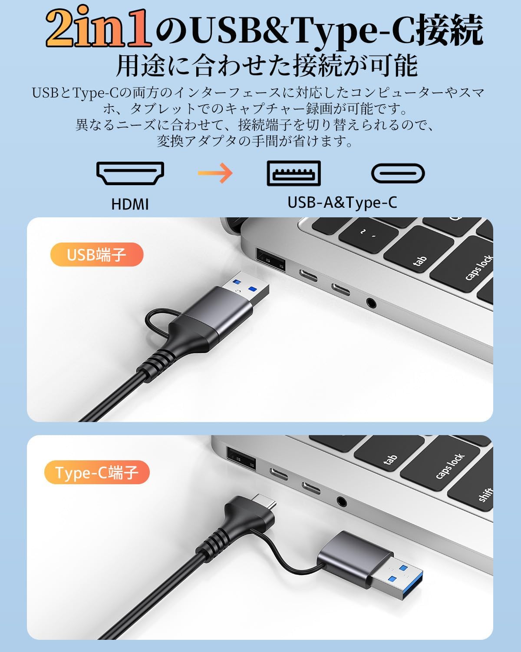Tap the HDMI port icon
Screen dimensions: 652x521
tap(130, 173)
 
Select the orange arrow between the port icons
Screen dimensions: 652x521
tap(215, 173)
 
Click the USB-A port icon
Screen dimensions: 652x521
tap(293, 173)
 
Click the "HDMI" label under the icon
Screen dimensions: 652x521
tap(130, 204)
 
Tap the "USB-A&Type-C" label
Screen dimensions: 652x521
tap(342, 203)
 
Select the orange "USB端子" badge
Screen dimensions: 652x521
tap(96, 255)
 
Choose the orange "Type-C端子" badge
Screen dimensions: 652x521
tap(96, 472)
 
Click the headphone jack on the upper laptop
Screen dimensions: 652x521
tap(370, 301)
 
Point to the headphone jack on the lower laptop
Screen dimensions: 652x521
tap(341, 501)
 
